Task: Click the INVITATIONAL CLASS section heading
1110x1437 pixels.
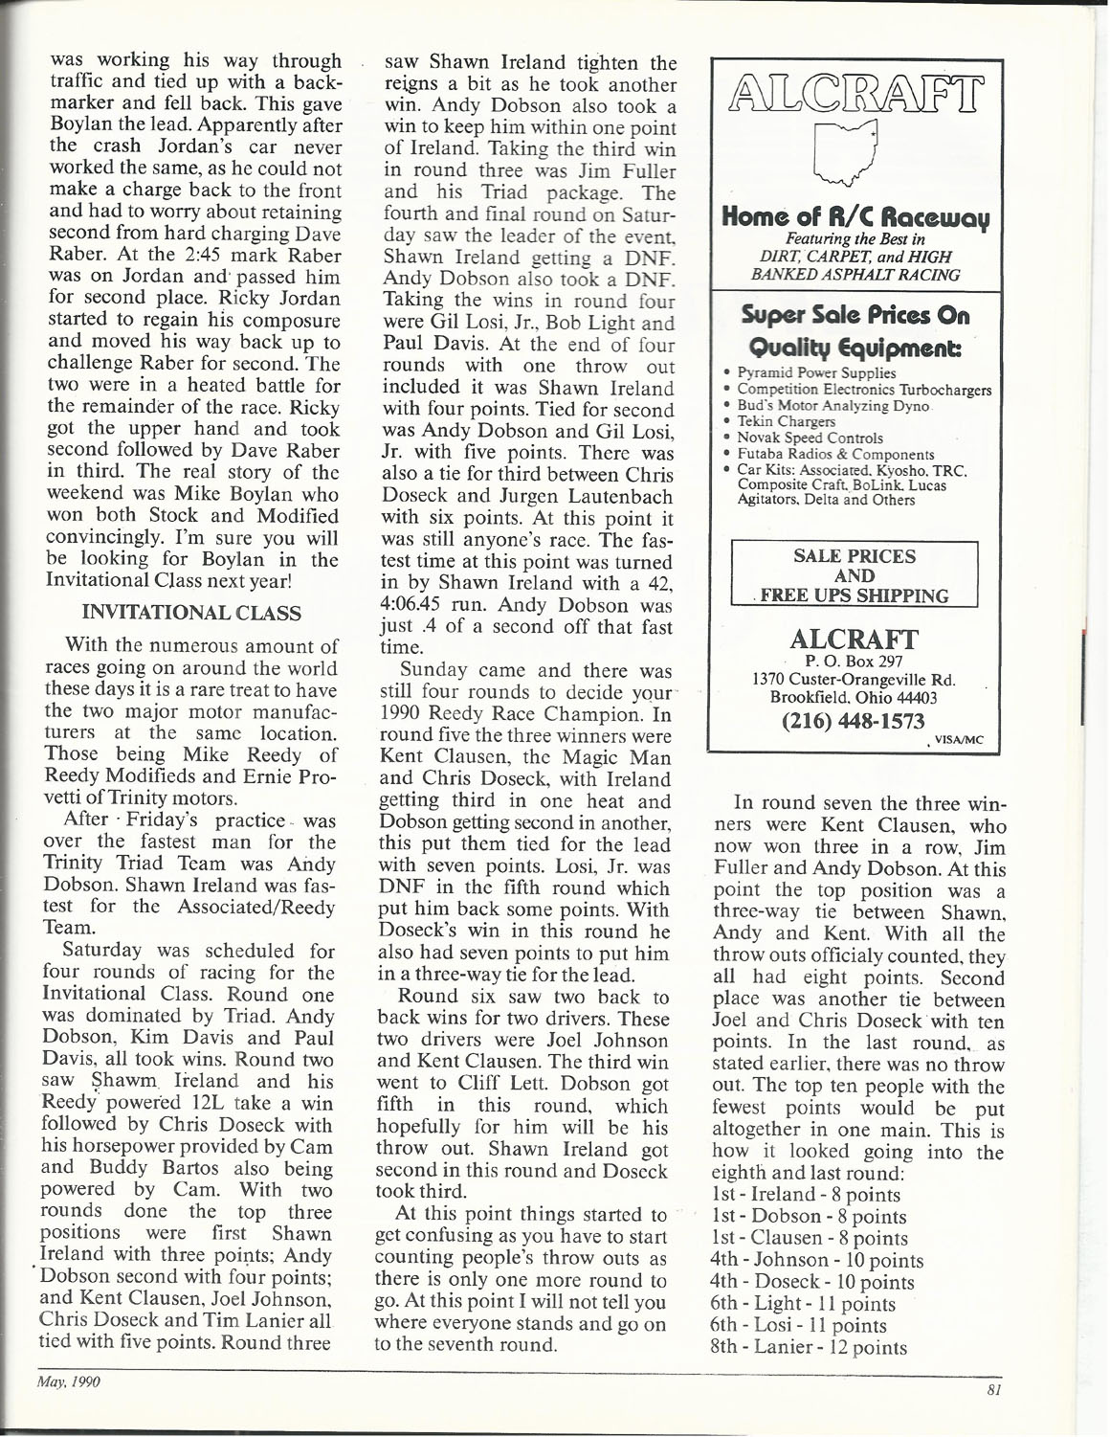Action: tap(193, 613)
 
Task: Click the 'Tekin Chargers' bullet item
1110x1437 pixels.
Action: tap(785, 420)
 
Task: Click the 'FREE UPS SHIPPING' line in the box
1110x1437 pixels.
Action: tap(855, 595)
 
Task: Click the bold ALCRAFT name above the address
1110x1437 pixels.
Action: tap(855, 638)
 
